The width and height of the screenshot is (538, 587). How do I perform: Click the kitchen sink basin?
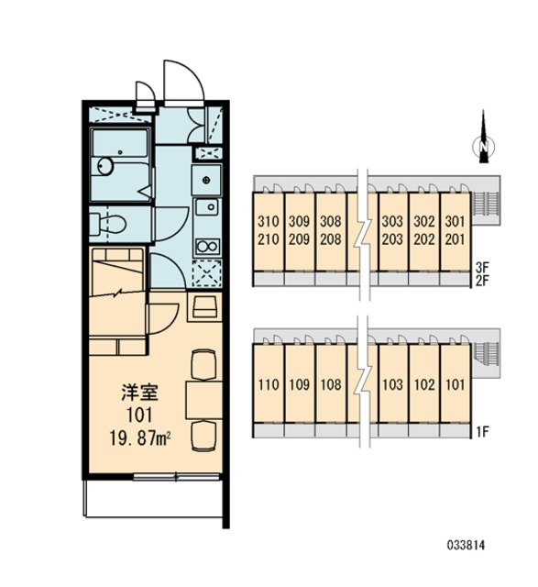(x=207, y=206)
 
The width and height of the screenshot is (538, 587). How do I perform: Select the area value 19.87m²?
(x=140, y=438)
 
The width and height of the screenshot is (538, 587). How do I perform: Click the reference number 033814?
(x=467, y=545)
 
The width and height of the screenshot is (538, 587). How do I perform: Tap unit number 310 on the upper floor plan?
(x=269, y=221)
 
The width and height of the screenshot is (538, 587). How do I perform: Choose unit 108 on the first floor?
(x=331, y=384)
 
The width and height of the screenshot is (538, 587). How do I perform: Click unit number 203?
(x=392, y=238)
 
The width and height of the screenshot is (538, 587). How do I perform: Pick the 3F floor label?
(x=483, y=267)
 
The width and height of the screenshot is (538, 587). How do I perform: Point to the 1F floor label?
(x=483, y=432)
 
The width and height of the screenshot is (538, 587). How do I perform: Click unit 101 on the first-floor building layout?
(x=455, y=384)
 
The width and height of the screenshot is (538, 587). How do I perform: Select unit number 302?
(x=424, y=221)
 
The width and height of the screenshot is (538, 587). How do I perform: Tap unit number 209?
(x=300, y=238)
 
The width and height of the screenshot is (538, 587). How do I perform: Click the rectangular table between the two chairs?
(x=203, y=400)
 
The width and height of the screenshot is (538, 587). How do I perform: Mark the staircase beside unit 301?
(x=486, y=204)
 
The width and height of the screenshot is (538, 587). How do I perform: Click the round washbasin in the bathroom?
(x=104, y=166)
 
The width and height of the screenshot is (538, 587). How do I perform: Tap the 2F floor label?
(x=483, y=281)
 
